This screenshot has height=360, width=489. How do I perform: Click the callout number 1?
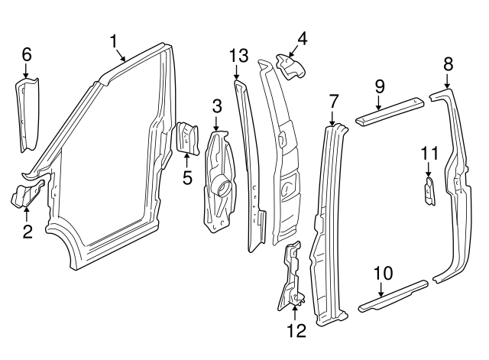114,41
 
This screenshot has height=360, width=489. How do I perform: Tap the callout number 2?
27,230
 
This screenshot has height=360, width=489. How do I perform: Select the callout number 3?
216,105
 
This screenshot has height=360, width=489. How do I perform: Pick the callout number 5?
187,178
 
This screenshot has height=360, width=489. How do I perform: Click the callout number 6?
26,54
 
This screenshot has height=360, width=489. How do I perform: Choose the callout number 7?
333,100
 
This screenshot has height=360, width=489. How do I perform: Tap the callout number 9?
380,87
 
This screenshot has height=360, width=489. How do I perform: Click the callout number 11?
429,154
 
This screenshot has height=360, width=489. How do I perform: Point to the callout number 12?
296,330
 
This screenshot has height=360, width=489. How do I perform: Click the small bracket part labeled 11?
429,191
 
